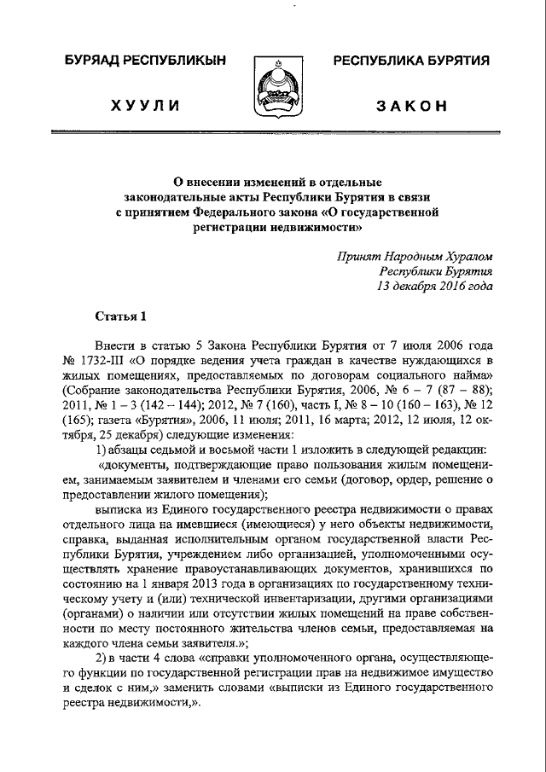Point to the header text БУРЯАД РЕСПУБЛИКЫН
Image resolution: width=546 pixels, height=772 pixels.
click(x=145, y=61)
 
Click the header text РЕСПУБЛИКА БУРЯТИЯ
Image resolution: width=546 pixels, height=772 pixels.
click(x=410, y=61)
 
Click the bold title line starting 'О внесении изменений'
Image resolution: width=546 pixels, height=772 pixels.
click(x=277, y=182)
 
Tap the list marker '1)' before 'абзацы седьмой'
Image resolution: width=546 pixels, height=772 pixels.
click(x=100, y=450)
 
